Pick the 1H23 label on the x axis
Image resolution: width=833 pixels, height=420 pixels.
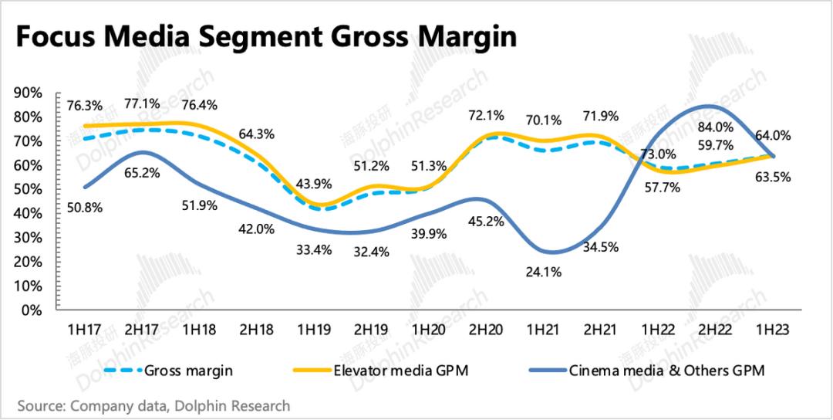point(772,330)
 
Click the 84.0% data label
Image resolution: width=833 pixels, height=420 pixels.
point(717,127)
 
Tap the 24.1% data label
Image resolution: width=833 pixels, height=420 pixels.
point(544,272)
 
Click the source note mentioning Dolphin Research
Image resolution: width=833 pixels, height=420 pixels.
point(153,405)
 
